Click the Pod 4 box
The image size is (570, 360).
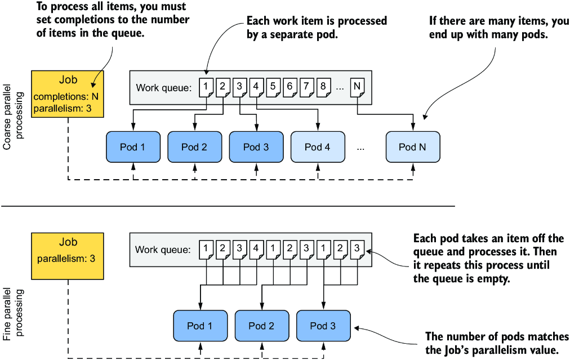pyautogui.click(x=318, y=147)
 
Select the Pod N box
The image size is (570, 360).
pyautogui.click(x=413, y=147)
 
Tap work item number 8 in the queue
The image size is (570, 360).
pyautogui.click(x=323, y=87)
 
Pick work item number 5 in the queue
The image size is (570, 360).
pyautogui.click(x=273, y=87)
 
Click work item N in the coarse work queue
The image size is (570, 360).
pyautogui.click(x=357, y=87)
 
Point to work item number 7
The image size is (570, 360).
pyautogui.click(x=306, y=87)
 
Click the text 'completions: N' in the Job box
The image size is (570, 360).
pyautogui.click(x=66, y=97)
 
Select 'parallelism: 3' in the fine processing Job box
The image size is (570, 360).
pyautogui.click(x=66, y=259)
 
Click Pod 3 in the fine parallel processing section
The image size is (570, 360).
pyautogui.click(x=323, y=326)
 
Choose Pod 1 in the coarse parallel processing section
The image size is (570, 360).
pyautogui.click(x=133, y=147)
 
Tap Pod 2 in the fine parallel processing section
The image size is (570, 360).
pyautogui.click(x=262, y=326)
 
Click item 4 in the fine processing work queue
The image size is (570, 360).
pyautogui.click(x=256, y=250)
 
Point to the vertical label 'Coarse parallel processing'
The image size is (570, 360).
pyautogui.click(x=13, y=117)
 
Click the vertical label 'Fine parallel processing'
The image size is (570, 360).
pyautogui.click(x=13, y=314)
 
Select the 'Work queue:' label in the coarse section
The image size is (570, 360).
pyautogui.click(x=163, y=88)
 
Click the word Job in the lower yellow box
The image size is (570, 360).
pyautogui.click(x=68, y=242)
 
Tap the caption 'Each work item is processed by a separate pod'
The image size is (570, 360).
pyautogui.click(x=317, y=27)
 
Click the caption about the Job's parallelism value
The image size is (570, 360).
pyautogui.click(x=497, y=343)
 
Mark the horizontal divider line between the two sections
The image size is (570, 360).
pyautogui.click(x=228, y=206)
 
